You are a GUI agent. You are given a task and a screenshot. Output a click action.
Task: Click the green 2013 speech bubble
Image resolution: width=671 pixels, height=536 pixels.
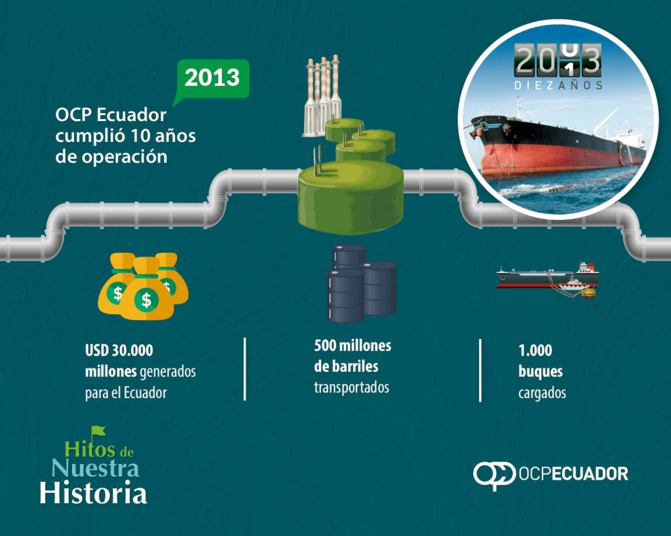point(212,79)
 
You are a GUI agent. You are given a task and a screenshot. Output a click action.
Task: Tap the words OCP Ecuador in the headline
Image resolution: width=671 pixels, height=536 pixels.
point(111,115)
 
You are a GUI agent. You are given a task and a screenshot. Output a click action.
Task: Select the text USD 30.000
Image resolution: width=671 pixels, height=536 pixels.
point(119,351)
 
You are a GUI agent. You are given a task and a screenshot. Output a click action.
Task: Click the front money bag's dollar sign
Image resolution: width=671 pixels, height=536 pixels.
point(146,300)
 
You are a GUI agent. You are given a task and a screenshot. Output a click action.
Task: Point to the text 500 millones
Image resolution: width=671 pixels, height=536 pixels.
point(353,346)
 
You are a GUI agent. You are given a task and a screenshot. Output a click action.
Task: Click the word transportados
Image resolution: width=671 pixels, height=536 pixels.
point(352,387)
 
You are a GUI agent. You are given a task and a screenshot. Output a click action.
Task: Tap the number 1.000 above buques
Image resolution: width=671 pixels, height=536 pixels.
point(535,351)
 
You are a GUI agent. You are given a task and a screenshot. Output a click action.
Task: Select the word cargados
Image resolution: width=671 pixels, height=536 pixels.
point(542,393)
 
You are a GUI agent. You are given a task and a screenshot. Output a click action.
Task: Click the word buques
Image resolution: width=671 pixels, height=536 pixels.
point(541,372)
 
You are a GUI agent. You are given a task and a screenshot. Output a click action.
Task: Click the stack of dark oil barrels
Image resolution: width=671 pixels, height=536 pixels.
point(362,283)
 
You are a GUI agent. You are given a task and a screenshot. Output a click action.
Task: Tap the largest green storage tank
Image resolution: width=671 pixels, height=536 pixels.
point(351,198)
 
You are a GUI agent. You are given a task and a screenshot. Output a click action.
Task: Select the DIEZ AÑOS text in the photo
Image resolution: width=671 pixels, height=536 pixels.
point(558,85)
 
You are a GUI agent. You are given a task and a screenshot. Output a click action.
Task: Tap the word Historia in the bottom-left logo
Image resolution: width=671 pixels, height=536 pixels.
point(94,492)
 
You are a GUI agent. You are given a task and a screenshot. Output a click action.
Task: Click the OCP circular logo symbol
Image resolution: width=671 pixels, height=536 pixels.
point(494,474)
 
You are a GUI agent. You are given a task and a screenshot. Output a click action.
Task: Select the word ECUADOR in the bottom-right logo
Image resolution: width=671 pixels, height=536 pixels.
point(590,474)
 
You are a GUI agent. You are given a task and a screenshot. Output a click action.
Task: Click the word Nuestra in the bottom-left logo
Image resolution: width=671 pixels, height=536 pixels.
point(95,468)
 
